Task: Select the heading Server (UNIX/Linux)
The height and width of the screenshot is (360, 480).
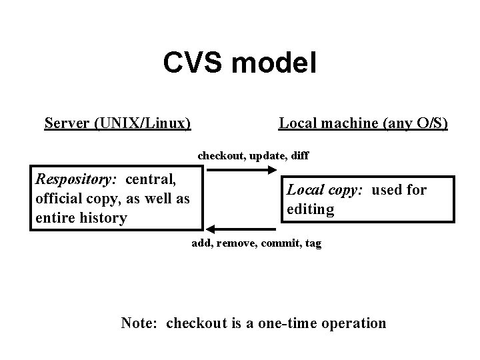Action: tap(118, 123)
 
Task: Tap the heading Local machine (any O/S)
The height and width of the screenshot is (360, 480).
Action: tap(363, 123)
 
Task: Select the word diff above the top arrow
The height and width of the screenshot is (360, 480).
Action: tap(299, 155)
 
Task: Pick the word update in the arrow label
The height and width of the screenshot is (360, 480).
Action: tap(267, 155)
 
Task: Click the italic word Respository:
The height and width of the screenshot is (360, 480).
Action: tap(76, 179)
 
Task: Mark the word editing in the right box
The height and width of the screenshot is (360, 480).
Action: tap(310, 209)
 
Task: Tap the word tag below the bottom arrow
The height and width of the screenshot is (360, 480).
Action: tap(313, 244)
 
